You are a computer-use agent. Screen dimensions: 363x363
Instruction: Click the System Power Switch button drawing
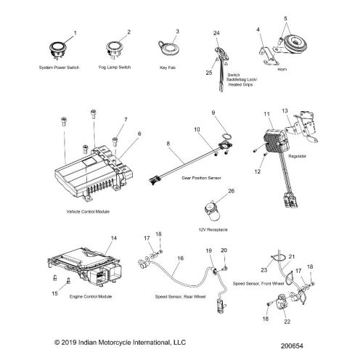coord(57,49)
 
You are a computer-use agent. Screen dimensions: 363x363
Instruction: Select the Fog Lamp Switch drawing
coord(113,50)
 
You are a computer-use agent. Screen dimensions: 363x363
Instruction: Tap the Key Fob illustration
coord(168,49)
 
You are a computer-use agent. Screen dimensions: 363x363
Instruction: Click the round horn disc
coord(295,44)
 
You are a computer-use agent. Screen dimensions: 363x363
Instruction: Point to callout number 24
coord(216,33)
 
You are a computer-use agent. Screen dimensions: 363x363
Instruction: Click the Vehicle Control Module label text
coord(88,212)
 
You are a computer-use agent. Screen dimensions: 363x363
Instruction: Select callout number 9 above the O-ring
coord(213,113)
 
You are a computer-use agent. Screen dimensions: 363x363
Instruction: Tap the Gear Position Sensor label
coord(201,178)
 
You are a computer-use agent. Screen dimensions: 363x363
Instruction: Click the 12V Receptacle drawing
coord(212,210)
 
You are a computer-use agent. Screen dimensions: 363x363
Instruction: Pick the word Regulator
coord(297,156)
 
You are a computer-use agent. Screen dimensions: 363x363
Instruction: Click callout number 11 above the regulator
coord(266,114)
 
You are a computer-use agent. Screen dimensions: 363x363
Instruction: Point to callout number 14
coord(114,238)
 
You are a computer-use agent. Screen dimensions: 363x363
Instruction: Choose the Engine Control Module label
coord(91,297)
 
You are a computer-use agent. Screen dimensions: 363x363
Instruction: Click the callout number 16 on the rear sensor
coord(180,258)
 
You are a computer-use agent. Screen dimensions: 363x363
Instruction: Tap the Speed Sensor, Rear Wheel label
coord(180,297)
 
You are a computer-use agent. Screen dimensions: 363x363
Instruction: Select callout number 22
coord(287,322)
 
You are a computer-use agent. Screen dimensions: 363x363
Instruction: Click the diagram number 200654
coord(292,346)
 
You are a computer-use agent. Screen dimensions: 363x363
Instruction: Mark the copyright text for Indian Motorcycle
coord(120,343)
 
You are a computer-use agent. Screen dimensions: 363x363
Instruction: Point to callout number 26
coord(232,191)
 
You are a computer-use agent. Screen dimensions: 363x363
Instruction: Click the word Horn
coord(282,69)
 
